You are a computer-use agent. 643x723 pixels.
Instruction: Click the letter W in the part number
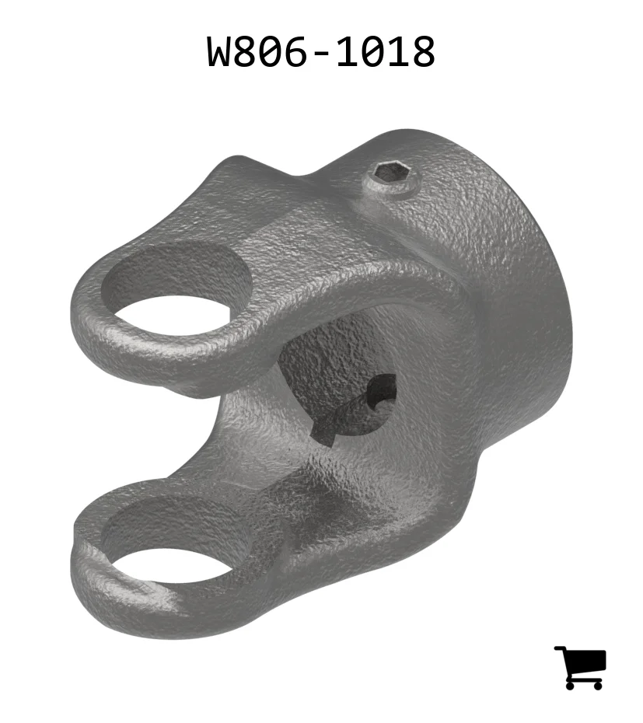222,51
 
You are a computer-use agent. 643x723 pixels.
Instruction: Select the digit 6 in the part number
292,51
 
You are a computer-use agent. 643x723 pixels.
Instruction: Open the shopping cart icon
580,667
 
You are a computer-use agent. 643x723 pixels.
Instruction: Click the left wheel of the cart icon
571,685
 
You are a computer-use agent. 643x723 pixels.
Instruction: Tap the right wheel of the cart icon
597,685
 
